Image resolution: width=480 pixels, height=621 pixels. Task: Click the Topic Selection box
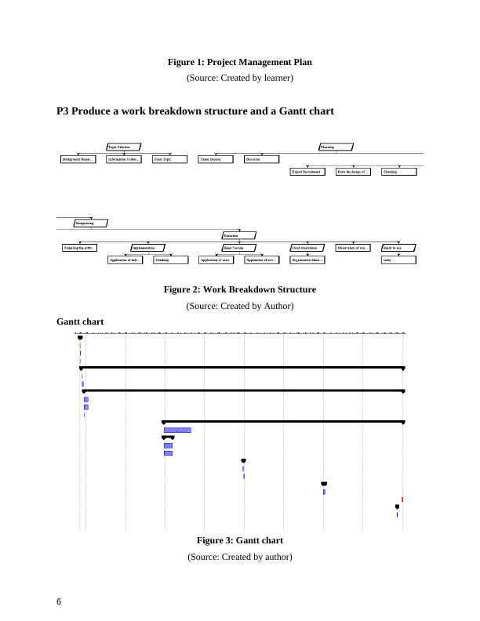[124, 147]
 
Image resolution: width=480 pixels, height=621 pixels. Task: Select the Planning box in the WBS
[336, 147]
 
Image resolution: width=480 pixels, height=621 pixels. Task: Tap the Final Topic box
[169, 159]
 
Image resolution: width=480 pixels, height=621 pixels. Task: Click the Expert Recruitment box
[307, 172]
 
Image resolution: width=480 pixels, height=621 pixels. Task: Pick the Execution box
[238, 235]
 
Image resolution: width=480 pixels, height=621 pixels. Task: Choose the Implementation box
[147, 248]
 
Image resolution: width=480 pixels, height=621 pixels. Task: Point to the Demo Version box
[238, 248]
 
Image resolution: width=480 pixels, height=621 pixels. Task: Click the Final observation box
[307, 248]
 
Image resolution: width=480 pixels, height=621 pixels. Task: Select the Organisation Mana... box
[307, 260]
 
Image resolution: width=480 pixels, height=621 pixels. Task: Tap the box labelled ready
[398, 260]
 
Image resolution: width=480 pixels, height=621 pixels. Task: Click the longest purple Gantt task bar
[177, 430]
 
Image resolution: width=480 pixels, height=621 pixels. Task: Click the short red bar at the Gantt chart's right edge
[402, 499]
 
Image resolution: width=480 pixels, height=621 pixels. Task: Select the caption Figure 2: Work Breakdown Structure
[240, 289]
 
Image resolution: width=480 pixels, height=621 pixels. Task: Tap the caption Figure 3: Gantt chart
[240, 540]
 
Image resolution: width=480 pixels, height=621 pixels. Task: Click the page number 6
[60, 601]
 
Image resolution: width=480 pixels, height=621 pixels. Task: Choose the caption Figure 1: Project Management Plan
[240, 61]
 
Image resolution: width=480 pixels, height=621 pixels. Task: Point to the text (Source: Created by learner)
[240, 78]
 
